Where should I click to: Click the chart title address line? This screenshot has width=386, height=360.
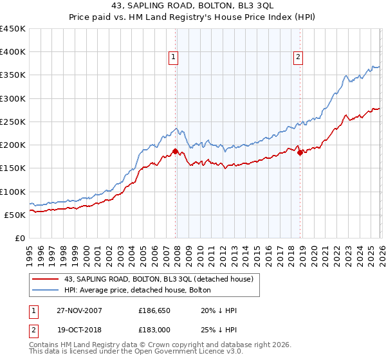coord(193,6)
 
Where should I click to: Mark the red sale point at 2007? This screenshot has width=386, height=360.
coord(175,152)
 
